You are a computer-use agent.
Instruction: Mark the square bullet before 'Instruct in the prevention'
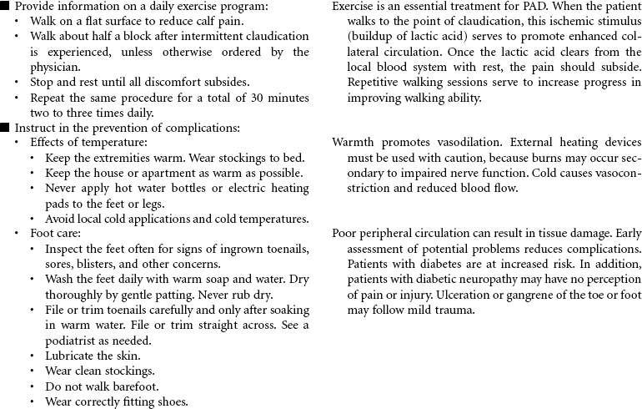point(5,128)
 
